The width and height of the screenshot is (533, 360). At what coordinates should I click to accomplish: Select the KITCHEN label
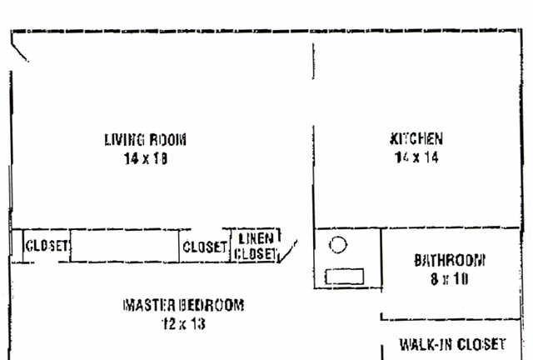[x=416, y=139]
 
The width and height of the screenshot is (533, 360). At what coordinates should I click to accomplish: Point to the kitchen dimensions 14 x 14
[x=416, y=157]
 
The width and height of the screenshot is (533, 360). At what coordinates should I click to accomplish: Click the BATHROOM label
[x=450, y=260]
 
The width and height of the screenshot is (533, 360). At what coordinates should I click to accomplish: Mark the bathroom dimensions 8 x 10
[x=450, y=279]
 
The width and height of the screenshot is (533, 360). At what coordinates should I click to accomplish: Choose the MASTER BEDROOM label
[x=183, y=305]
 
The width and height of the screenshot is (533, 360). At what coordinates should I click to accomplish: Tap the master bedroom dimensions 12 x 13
[x=183, y=323]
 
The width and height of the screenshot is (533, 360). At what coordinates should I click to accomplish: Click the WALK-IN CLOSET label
[x=452, y=344]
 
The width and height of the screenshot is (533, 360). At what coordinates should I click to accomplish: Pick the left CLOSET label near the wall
[x=47, y=246]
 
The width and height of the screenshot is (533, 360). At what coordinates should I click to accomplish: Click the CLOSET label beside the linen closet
[x=204, y=247]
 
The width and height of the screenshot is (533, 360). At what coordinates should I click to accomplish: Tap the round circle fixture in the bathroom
[x=338, y=246]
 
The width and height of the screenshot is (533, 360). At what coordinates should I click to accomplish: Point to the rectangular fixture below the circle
[x=344, y=276]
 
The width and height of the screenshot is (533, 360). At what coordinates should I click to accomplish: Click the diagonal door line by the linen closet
[x=289, y=251]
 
